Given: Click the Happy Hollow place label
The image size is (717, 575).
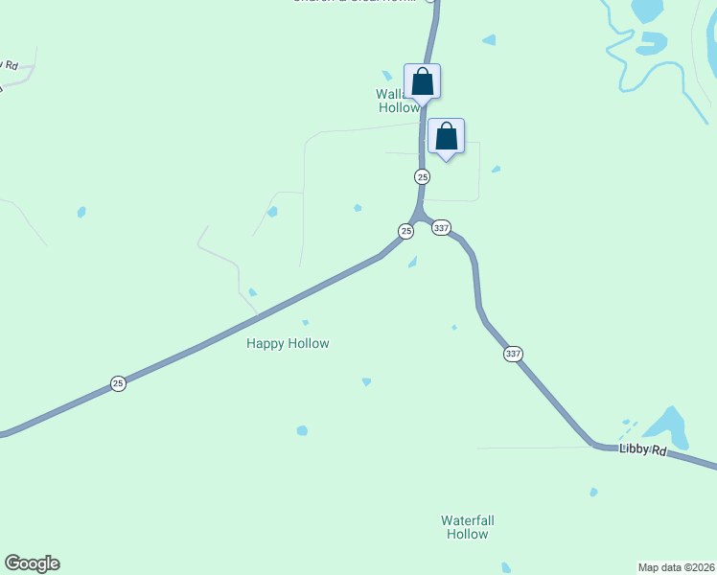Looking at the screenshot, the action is pos(288,343).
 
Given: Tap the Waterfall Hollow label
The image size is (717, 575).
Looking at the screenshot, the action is pos(468,527).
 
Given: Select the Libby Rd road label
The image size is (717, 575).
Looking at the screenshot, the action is pos(642,448).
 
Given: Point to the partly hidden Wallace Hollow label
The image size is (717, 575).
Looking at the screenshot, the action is pos(394,101).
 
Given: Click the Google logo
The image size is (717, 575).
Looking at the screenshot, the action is pos(32,563).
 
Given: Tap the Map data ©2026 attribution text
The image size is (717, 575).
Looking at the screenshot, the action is pos(676,567).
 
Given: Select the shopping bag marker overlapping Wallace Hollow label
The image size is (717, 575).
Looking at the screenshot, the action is pos(422,81).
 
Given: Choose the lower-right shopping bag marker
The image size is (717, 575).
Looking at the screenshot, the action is pos(446,136).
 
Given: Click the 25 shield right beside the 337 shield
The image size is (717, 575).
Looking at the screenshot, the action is pos(406,231).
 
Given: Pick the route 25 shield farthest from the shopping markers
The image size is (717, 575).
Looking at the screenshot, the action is pos(118,383).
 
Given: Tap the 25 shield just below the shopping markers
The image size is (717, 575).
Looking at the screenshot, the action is pos(422,176).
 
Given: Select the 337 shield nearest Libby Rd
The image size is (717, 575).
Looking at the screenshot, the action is pos(513,354).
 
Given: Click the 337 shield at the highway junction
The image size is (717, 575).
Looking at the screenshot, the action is pos(441,227).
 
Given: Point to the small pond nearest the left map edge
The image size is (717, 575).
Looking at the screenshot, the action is pos(81,212).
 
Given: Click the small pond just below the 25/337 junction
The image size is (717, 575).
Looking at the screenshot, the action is pos(412,262).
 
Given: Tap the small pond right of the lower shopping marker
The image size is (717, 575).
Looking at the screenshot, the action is pos(496,170).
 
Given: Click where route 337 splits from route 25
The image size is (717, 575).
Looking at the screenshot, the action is pos(420,217).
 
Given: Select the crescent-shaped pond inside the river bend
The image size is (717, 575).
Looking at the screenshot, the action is pos(652,42).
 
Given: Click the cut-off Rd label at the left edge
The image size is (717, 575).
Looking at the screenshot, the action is pos(11,65).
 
